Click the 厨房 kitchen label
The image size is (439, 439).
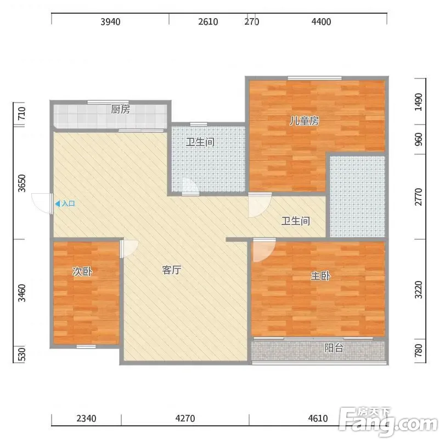pos(120,109)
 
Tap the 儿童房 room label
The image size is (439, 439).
pos(304,121)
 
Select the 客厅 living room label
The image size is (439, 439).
pos(172,270)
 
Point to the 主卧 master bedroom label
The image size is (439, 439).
pos(320,276)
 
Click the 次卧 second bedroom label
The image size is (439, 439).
pos(82,271)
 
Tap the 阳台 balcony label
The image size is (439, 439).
pos(334,348)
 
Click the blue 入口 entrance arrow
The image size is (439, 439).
pos(58,204)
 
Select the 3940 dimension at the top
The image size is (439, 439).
pos(111,21)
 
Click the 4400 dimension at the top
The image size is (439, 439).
pos(321,21)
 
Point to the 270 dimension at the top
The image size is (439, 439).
pos(252,21)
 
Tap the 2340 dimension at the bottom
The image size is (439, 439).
pos(86,418)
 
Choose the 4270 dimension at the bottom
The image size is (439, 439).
pos(185,418)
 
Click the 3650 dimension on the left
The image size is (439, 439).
pos(22,183)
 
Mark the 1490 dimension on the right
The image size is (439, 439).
pos(418,102)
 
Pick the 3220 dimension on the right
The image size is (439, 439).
pos(418,290)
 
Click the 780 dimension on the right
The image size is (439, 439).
pos(418,350)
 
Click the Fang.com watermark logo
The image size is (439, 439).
pos(389,422)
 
